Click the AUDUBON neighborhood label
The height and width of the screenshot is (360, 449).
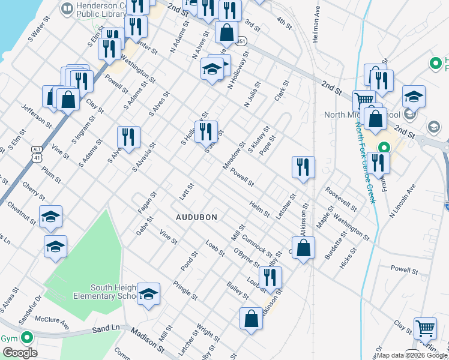click(x=196, y=217)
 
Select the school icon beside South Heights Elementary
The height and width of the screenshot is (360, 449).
click(x=148, y=294)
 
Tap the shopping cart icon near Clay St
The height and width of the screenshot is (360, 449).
click(x=425, y=329)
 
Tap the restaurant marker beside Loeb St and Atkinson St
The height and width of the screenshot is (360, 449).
click(x=270, y=277)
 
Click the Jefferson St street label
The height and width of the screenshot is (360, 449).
click(x=36, y=115)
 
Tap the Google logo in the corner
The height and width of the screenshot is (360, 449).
click(x=19, y=353)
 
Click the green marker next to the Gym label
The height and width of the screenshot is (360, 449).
click(x=26, y=338)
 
